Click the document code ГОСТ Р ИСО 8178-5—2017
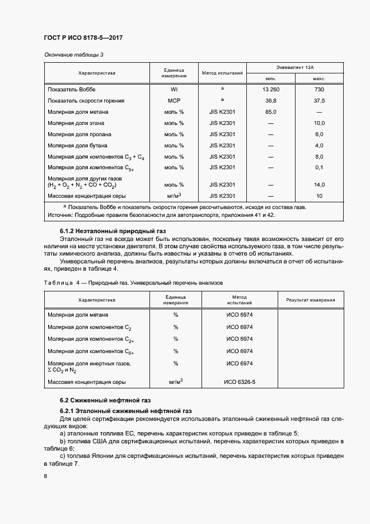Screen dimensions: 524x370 [x=83, y=38]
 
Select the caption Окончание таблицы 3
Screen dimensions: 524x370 [x=74, y=54]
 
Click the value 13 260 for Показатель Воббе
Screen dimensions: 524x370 [x=270, y=90]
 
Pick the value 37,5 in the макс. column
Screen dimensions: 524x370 [x=319, y=101]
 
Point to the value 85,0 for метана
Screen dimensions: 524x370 [x=270, y=112]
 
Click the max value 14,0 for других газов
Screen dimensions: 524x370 [x=319, y=184]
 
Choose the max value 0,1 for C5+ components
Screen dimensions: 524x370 [x=319, y=167]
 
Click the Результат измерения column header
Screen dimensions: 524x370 [x=311, y=300]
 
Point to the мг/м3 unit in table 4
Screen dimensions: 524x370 [x=176, y=382]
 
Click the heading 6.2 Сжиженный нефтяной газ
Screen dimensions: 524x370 [x=106, y=401]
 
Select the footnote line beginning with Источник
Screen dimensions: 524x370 [x=162, y=215]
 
